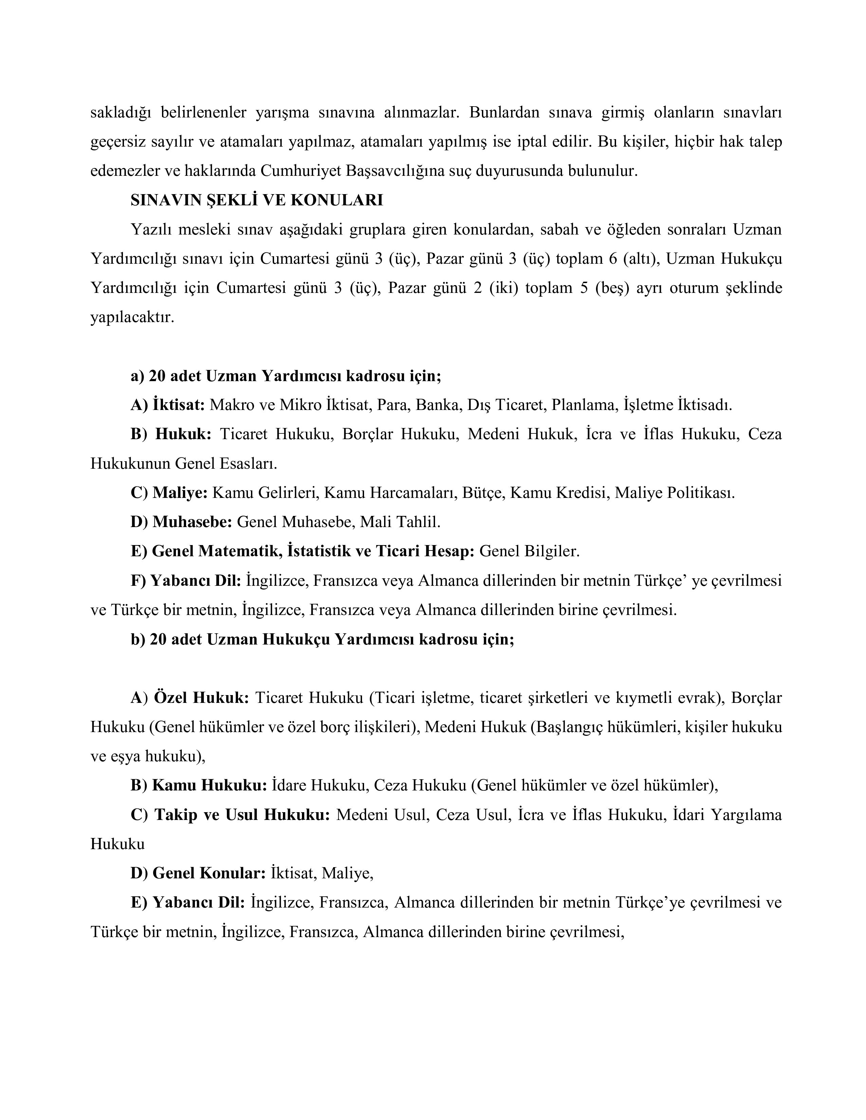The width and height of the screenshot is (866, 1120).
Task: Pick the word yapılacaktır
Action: [132, 317]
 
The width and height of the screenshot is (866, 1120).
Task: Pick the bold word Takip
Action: [176, 815]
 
